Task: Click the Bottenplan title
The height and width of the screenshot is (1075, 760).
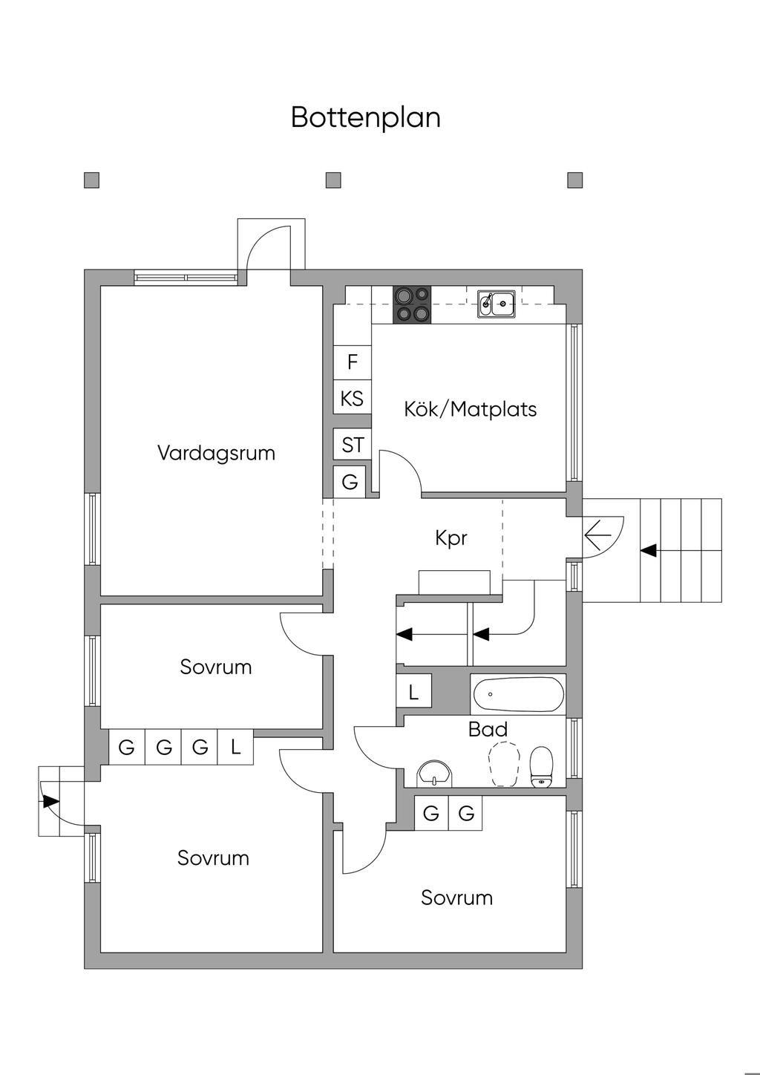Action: tap(366, 117)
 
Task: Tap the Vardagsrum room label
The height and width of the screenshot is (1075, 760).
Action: tap(216, 453)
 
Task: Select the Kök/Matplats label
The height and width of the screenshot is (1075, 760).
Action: tap(470, 409)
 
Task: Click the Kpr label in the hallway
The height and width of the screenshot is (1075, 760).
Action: tap(451, 537)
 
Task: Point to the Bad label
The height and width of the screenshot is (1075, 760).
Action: tap(488, 729)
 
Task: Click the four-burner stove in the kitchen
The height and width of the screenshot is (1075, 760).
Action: tap(412, 305)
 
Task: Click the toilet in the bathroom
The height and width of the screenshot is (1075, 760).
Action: tap(541, 767)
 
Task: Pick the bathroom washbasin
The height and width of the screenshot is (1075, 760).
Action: tap(434, 773)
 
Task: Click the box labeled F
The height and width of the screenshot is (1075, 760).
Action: tap(353, 362)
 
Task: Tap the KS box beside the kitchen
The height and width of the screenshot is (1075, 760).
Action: tap(352, 399)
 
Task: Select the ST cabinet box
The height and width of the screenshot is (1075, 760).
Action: tap(353, 445)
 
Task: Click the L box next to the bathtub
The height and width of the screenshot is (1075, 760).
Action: tap(414, 692)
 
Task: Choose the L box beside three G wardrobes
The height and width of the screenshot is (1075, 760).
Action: tap(236, 747)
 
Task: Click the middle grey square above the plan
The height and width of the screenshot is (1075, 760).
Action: tap(333, 180)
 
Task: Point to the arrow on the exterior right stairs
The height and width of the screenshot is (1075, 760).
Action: tap(649, 550)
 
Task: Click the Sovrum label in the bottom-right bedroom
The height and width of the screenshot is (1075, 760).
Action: tap(456, 898)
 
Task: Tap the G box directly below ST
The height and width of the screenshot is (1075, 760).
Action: tap(350, 482)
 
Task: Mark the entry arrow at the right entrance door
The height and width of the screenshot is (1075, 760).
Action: tap(598, 533)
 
